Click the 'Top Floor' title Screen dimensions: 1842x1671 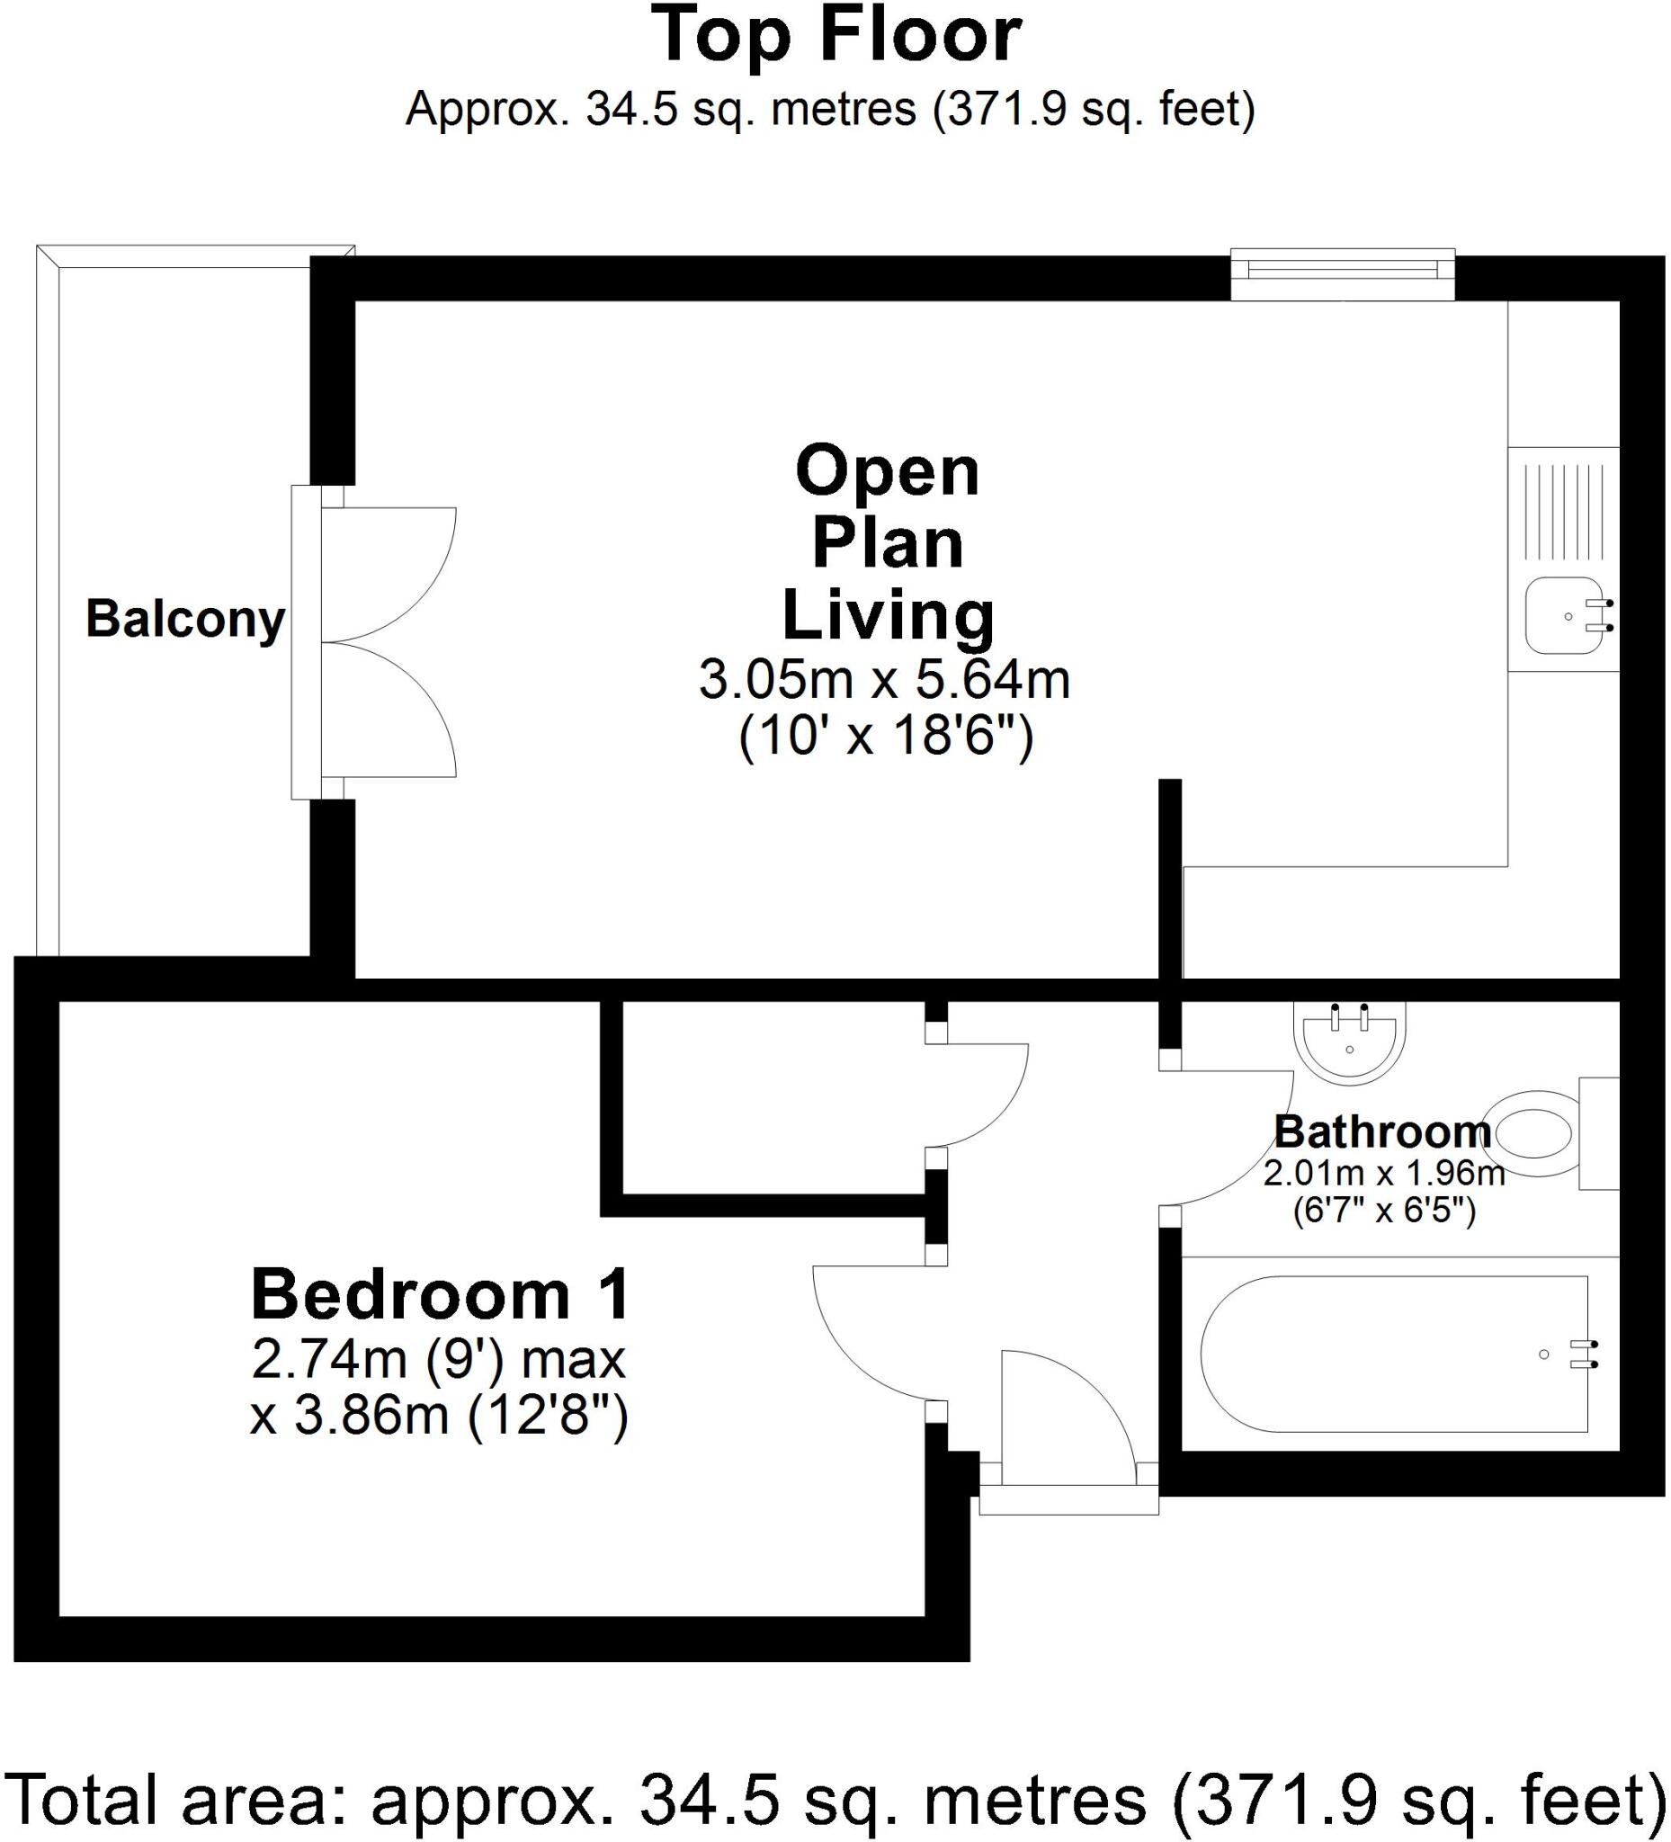[x=836, y=37]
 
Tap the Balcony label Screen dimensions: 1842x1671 [x=185, y=621]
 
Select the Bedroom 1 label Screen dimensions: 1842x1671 [x=441, y=1296]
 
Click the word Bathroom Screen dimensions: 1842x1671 [x=1382, y=1133]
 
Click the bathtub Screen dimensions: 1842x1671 [x=1393, y=1354]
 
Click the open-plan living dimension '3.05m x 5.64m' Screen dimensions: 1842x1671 [x=883, y=681]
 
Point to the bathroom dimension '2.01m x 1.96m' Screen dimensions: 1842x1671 [x=1383, y=1173]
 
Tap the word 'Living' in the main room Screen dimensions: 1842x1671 [x=887, y=616]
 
